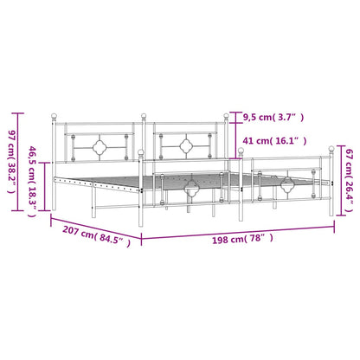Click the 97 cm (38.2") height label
pyautogui.click(x=12, y=162)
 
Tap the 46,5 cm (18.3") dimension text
pyautogui.click(x=32, y=182)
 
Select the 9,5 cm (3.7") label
pyautogui.click(x=273, y=118)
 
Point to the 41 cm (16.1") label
pyautogui.click(x=274, y=141)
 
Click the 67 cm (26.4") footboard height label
pyautogui.click(x=350, y=180)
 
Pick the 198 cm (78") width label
pyautogui.click(x=242, y=239)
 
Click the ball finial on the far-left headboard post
pyautogui.click(x=54, y=116)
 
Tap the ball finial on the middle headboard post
pyautogui.click(x=144, y=116)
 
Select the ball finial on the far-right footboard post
pyautogui.click(x=331, y=149)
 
